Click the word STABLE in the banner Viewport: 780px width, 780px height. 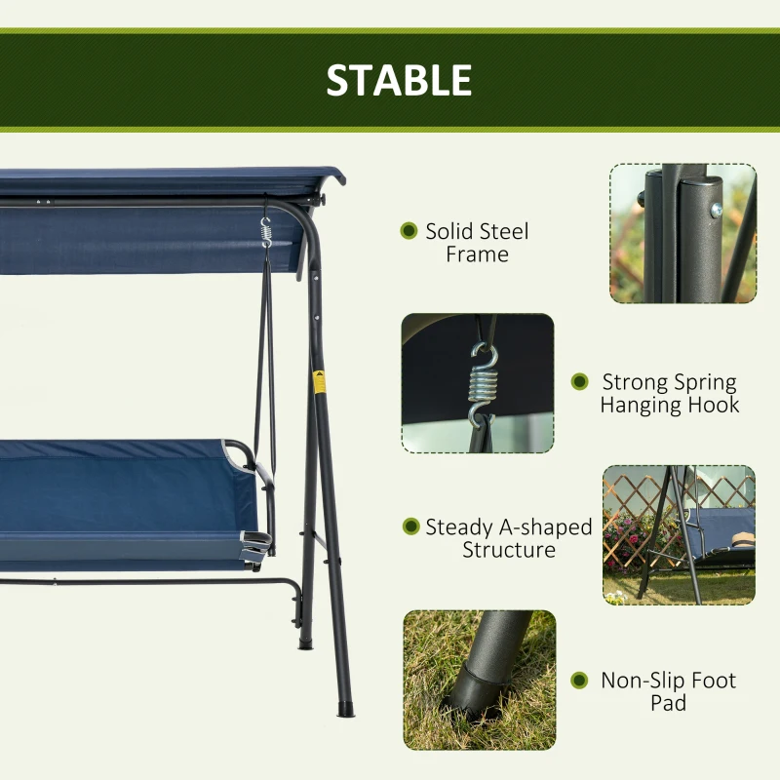point(399,80)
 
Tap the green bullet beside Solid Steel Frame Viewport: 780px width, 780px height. point(409,231)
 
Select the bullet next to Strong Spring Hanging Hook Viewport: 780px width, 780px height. point(579,382)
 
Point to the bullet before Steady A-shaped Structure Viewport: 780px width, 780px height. point(410,526)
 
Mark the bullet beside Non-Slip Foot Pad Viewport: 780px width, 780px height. point(579,681)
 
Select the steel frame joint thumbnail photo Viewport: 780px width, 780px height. point(682,233)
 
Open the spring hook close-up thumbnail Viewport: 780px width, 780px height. point(478,383)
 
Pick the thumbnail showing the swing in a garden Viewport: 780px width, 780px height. point(679,534)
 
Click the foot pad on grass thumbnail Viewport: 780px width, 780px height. point(480,680)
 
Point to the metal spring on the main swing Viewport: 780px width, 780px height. point(265,233)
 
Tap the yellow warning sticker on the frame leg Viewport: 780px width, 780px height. point(318,380)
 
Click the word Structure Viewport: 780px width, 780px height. point(509,550)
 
